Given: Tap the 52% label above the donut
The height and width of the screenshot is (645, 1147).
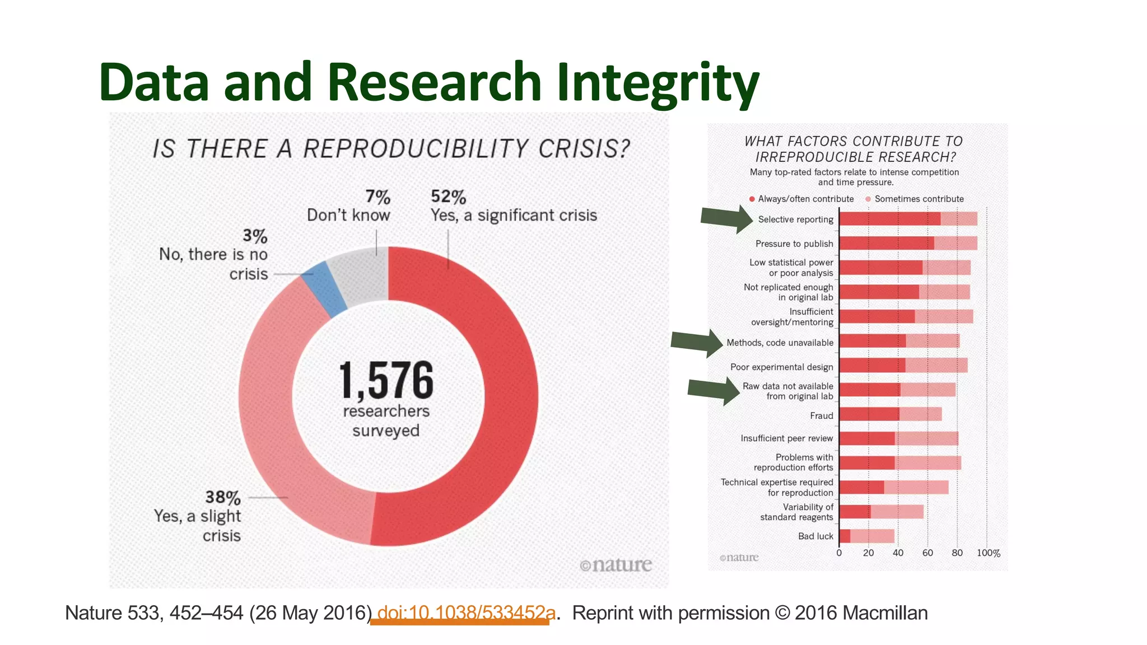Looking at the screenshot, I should pos(449,197).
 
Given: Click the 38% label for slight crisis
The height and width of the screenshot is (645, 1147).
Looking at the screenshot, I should pos(223,497).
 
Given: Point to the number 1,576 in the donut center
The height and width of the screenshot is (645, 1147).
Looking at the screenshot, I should pos(386,380).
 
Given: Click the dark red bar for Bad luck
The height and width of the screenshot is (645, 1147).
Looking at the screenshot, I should pos(845,536).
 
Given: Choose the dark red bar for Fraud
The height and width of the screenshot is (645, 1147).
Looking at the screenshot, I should pos(869,414).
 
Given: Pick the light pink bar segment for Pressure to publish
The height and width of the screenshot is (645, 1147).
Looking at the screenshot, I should pos(956,243).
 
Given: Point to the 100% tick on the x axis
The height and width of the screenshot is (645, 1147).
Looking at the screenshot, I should pos(989,553).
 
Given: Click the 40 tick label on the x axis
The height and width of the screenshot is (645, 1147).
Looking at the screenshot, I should pos(898,553).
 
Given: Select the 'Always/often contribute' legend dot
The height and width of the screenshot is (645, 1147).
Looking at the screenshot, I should pos(752,199).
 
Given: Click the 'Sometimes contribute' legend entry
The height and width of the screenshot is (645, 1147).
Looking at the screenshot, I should pos(919,199).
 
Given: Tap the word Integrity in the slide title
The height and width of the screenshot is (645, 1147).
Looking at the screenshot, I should pos(658,83).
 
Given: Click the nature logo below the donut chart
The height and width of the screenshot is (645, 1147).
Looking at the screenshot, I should pos(616,565).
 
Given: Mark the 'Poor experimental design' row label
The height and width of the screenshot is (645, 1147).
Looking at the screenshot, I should pos(782,367).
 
